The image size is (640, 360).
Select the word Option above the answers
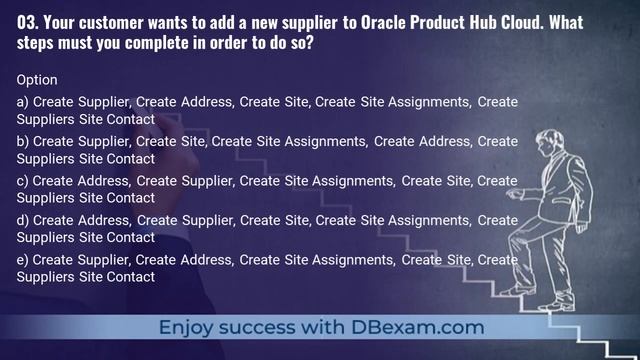37,79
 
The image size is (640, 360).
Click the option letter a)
23,102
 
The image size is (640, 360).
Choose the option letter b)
23,141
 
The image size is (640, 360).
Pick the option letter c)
23,181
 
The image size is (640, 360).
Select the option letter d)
23,220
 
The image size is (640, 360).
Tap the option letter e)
23,260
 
